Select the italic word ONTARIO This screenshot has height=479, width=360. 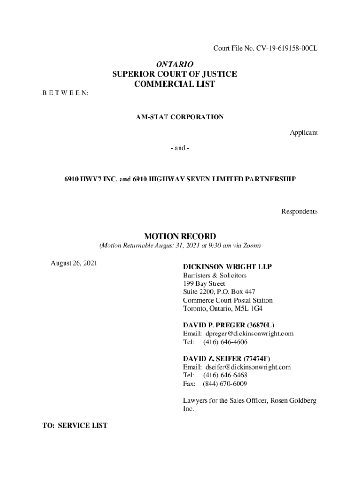(x=174, y=64)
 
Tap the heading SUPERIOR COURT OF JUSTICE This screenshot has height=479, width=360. (x=174, y=74)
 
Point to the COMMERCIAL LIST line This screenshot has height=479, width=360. (x=174, y=84)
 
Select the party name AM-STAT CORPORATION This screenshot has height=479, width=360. (x=180, y=117)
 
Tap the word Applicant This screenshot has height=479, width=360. (x=303, y=132)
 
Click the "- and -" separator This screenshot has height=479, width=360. (x=180, y=148)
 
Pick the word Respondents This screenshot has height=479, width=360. (x=299, y=211)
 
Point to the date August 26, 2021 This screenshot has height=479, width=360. (x=74, y=263)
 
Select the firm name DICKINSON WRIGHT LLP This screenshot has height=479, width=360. (x=227, y=267)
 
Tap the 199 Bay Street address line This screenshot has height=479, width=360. (x=204, y=283)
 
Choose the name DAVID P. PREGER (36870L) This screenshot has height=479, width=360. (x=228, y=325)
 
